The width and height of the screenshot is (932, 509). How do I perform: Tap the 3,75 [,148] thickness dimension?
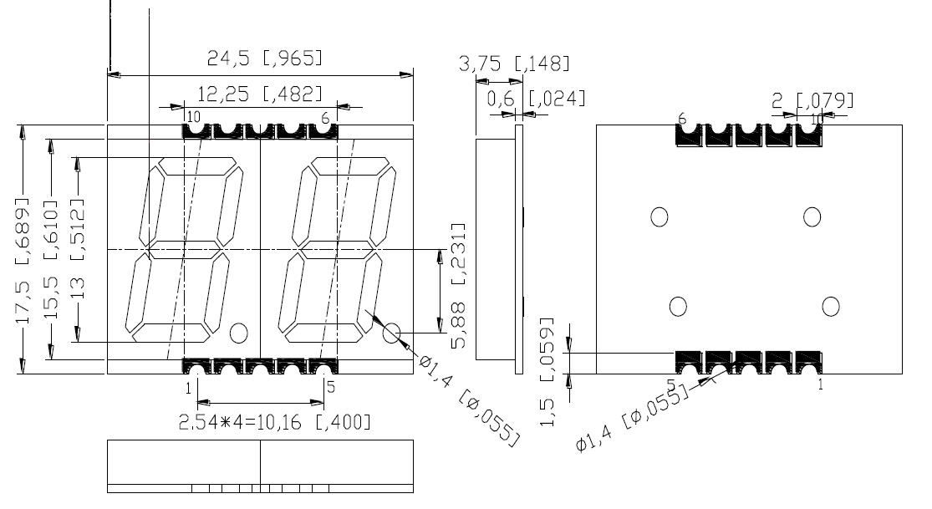(x=514, y=64)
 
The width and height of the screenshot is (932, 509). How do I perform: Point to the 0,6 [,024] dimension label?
(x=536, y=99)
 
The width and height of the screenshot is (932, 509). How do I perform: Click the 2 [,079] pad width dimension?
(x=812, y=101)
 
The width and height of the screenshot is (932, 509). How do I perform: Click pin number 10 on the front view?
(x=193, y=116)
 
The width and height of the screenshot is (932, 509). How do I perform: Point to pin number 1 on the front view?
(x=188, y=388)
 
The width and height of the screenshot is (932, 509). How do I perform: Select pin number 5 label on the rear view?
(x=670, y=384)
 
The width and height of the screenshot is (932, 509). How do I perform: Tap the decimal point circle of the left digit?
(x=238, y=333)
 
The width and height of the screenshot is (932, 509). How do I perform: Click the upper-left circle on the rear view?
(x=659, y=217)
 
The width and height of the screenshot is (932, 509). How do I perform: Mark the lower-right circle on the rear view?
(x=830, y=307)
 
